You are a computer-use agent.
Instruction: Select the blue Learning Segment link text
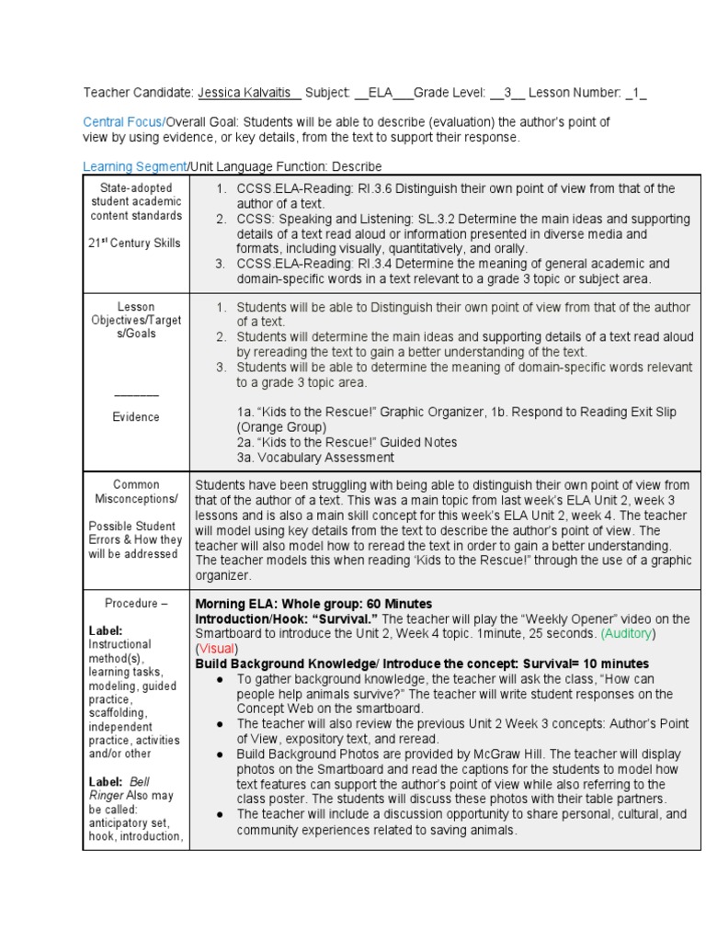[134, 166]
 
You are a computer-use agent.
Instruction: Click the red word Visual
[217, 648]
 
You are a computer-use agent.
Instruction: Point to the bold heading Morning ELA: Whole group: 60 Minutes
[313, 604]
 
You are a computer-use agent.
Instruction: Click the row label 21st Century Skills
[135, 244]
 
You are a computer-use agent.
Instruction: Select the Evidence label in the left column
[136, 416]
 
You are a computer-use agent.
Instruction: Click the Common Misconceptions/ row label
[136, 491]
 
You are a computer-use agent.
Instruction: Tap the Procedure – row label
[136, 604]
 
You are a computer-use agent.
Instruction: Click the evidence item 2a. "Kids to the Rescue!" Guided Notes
[347, 442]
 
